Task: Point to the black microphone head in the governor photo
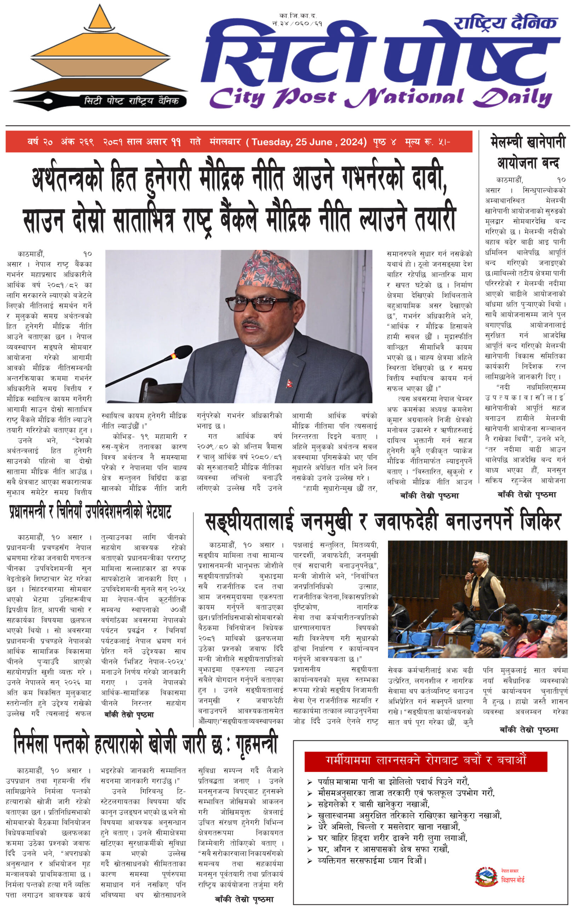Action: pos(183,352)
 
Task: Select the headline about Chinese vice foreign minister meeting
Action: pos(90,512)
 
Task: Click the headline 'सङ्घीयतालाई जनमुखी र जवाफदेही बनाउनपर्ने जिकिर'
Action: pos(383,522)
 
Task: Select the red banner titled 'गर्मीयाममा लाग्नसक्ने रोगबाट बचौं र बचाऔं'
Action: pos(425,760)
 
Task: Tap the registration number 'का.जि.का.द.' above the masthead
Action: pos(297,16)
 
